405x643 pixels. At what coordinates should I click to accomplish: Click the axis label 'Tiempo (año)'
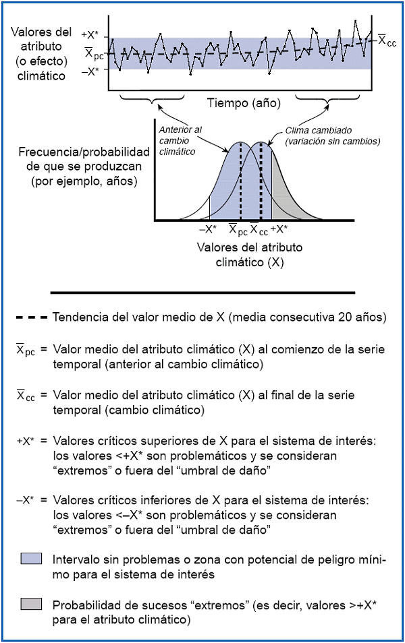243,103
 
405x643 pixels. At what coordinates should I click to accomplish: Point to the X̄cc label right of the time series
387,42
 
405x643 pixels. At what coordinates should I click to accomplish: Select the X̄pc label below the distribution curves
236,229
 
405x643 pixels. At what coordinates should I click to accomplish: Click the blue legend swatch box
32,559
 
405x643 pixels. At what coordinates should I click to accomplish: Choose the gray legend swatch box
32,603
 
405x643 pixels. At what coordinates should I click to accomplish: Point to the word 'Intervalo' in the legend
76,559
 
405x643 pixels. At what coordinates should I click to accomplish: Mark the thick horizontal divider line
202,293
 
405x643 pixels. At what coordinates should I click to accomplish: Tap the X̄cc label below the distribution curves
259,229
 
